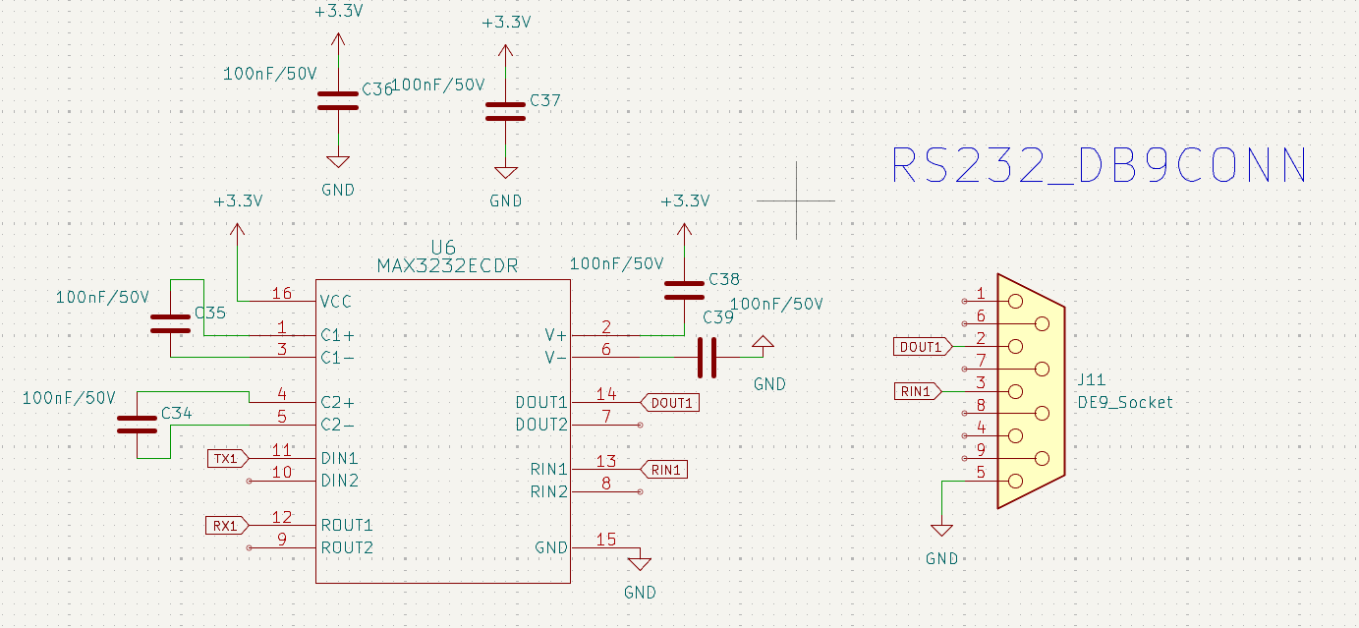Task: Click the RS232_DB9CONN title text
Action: (x=1100, y=165)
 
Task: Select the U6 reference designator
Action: (x=443, y=248)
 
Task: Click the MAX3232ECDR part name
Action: (x=448, y=265)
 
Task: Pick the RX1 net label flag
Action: (x=227, y=526)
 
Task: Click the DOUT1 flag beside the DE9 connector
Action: (x=923, y=347)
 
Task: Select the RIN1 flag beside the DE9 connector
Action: (x=918, y=391)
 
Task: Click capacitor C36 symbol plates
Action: (x=338, y=100)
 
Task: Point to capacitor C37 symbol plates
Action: (x=505, y=112)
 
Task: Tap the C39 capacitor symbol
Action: (x=707, y=358)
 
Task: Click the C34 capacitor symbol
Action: (x=138, y=425)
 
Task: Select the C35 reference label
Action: (x=210, y=314)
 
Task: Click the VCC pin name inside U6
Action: (x=335, y=302)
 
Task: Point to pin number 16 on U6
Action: (x=282, y=294)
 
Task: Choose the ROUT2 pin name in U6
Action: (x=347, y=548)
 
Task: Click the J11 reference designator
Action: (x=1092, y=380)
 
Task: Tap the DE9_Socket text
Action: (x=1125, y=402)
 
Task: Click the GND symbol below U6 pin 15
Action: (x=640, y=564)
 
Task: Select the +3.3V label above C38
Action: (x=685, y=200)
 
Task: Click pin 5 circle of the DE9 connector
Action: (x=1015, y=482)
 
